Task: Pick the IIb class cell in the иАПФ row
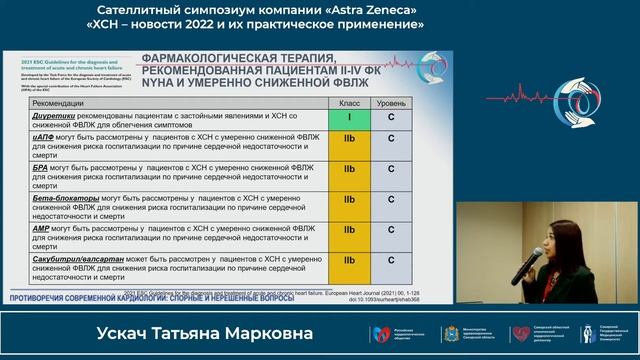(349, 144)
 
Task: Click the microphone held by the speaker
(525, 263)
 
